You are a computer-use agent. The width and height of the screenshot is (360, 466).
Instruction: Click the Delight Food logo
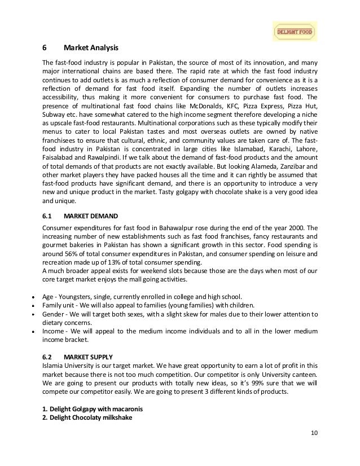click(295, 32)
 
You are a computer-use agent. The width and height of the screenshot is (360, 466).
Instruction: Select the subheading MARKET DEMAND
click(92, 216)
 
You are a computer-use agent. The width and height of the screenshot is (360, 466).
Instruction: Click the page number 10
click(314, 448)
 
